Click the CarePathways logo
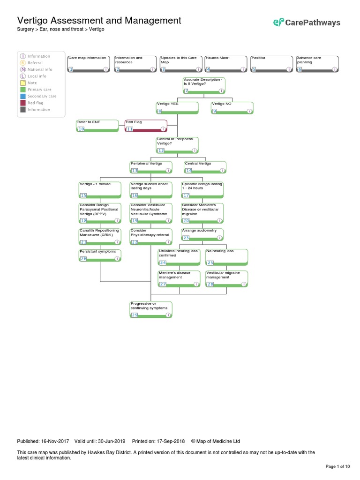307,22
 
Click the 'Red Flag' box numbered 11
146,126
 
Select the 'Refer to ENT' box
97,126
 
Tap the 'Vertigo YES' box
177,107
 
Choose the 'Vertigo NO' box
232,107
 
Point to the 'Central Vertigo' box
205,167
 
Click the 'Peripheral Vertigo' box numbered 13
150,167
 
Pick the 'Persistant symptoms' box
100,255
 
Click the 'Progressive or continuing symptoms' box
151,309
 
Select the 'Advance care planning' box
317,64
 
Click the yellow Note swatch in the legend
22,83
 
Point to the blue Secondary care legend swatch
22,96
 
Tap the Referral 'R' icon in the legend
22,63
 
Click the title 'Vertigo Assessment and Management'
99,21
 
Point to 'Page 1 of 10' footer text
337,466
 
